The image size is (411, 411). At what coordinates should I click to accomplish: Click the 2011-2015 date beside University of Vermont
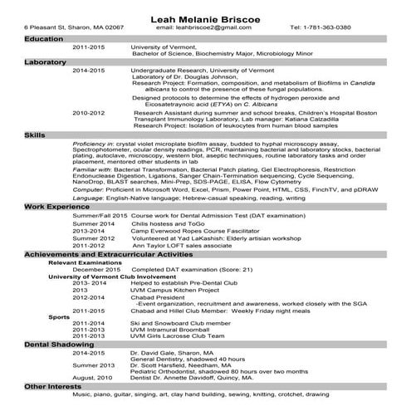pyautogui.click(x=89, y=47)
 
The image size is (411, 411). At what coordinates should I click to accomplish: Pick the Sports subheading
pyautogui.click(x=59, y=316)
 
